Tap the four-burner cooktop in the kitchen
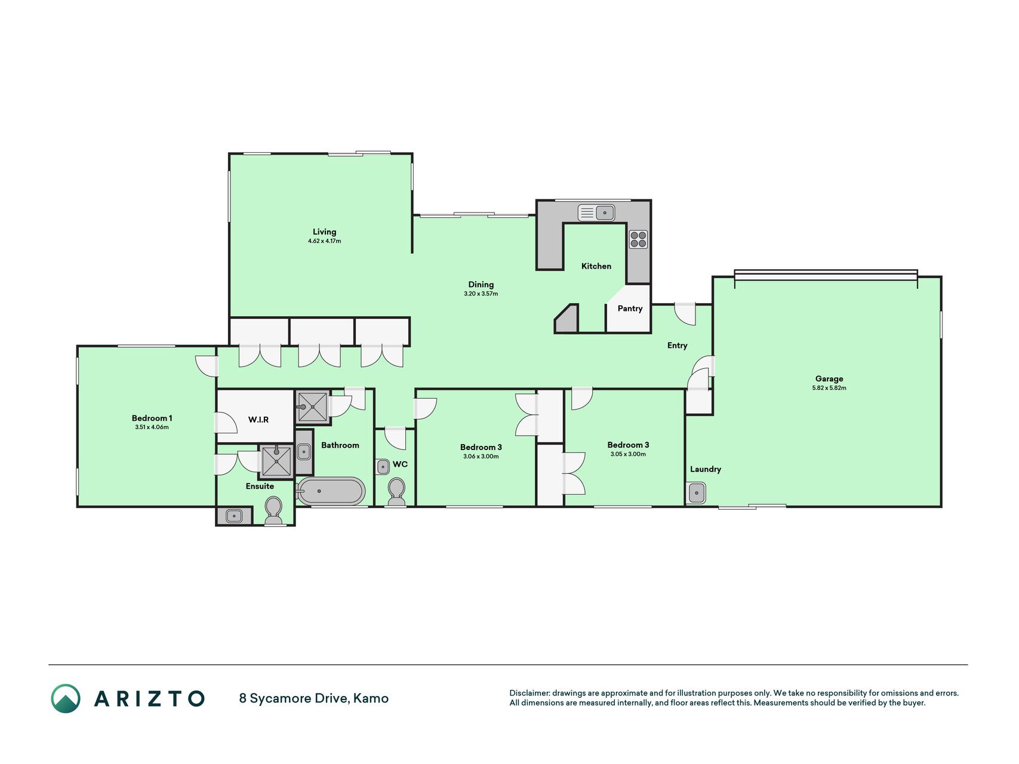[x=638, y=239]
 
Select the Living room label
[x=325, y=232]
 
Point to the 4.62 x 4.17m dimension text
[x=325, y=241]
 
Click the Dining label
[x=481, y=285]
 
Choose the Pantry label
[x=630, y=309]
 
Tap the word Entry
[x=678, y=346]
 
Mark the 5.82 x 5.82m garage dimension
[x=829, y=388]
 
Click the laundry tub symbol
[x=697, y=493]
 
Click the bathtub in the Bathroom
[x=331, y=491]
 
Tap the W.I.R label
[x=258, y=420]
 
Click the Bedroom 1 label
[x=152, y=418]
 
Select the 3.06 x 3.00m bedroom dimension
[x=481, y=457]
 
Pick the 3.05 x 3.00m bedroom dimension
[x=628, y=454]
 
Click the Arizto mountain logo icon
[x=66, y=698]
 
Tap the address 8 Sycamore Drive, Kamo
[x=314, y=698]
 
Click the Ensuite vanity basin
[x=233, y=516]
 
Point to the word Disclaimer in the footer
[x=529, y=693]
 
